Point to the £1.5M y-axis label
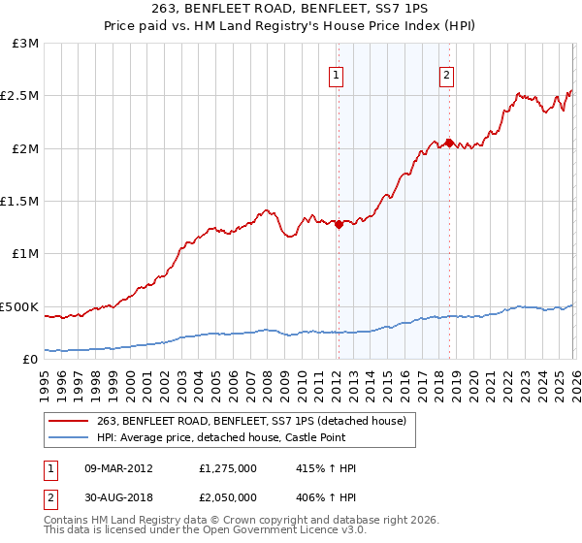pos(20,202)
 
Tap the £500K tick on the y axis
pos(20,306)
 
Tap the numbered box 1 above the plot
pos(336,75)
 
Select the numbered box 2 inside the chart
pos(446,75)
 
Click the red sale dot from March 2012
pos(338,224)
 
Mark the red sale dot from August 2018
pos(448,143)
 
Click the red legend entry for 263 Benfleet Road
pos(256,420)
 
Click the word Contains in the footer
pos(67,522)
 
